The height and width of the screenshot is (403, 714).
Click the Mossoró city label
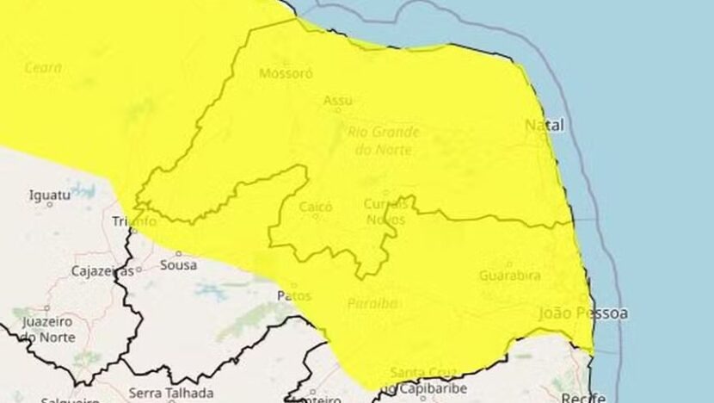pyautogui.click(x=286, y=73)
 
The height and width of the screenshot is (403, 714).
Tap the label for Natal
pyautogui.click(x=545, y=126)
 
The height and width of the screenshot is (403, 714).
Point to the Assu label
pyautogui.click(x=338, y=101)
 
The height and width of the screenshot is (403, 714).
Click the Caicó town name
pyautogui.click(x=315, y=207)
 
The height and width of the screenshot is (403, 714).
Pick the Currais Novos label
pyautogui.click(x=385, y=211)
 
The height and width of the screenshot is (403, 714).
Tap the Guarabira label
pyautogui.click(x=510, y=276)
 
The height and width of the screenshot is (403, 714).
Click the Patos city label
pyautogui.click(x=292, y=294)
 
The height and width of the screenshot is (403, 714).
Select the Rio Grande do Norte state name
pyautogui.click(x=383, y=140)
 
